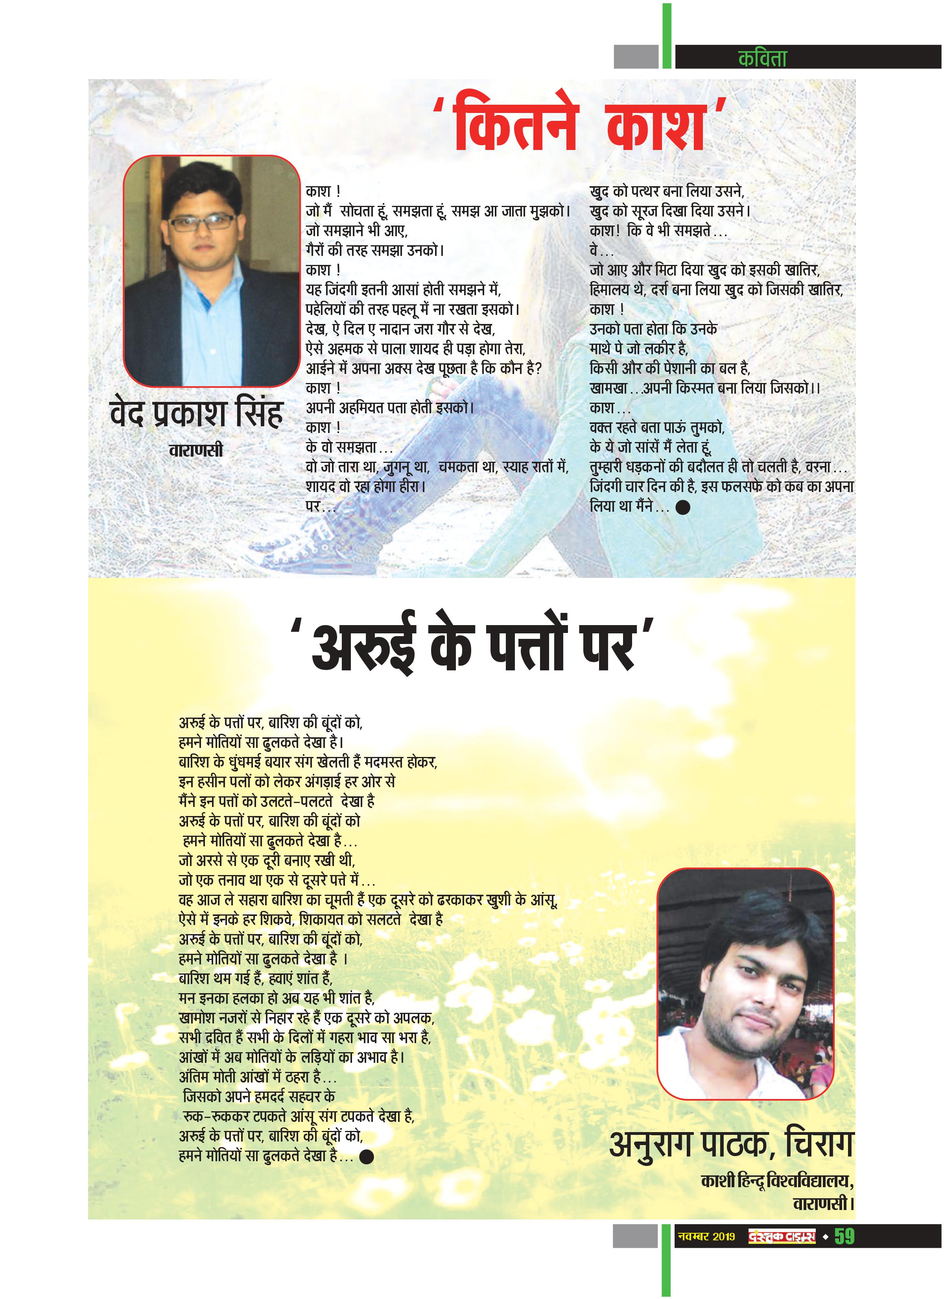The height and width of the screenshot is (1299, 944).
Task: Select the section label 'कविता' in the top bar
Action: pos(763,58)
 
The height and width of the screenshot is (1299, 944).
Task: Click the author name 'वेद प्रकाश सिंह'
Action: pos(196,414)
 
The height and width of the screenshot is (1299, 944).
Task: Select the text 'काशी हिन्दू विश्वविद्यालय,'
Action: pos(777,1181)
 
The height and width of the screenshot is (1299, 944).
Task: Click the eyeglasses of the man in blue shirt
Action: pos(203,222)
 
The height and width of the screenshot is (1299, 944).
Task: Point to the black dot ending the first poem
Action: pos(682,507)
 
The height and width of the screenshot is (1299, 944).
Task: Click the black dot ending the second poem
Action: pos(366,1157)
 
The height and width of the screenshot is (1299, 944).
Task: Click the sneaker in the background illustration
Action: pos(286,544)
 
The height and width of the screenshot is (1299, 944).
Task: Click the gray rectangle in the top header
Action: pos(636,57)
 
